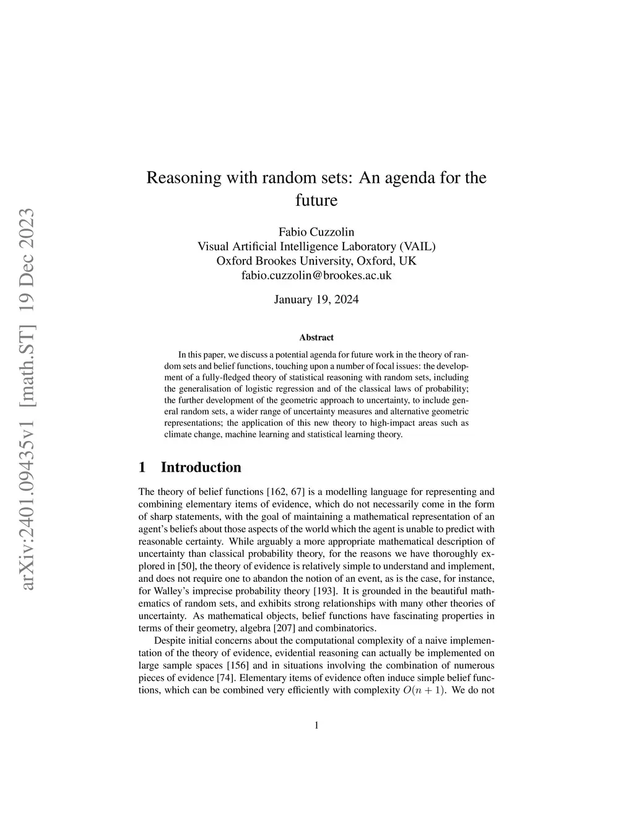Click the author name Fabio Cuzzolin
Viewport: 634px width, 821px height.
[x=316, y=232]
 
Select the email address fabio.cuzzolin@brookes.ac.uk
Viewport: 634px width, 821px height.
[x=316, y=275]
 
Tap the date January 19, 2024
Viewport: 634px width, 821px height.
[x=316, y=300]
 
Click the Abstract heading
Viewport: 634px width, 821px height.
[x=316, y=338]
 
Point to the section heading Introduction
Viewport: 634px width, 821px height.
[x=201, y=467]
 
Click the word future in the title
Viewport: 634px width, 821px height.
[x=316, y=201]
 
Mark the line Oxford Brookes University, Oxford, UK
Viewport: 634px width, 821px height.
[x=316, y=261]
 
